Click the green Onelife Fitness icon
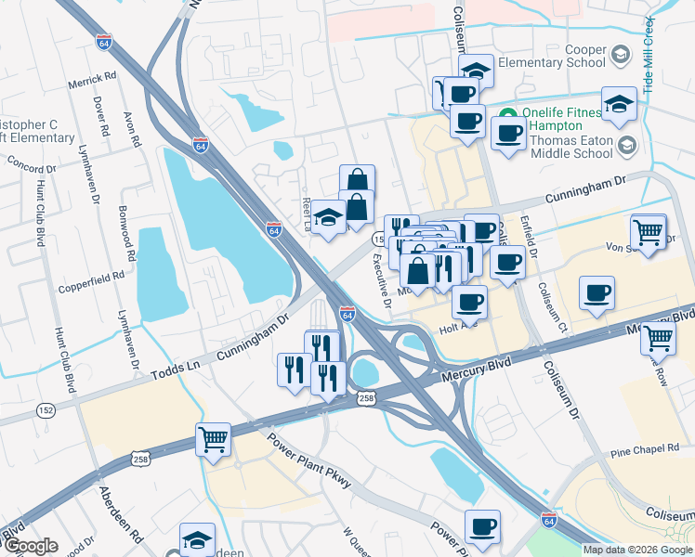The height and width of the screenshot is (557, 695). [x=508, y=115]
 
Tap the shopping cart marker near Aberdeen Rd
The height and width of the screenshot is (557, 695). [x=213, y=439]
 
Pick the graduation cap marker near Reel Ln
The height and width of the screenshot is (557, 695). [x=327, y=216]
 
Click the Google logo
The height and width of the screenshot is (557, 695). [x=31, y=547]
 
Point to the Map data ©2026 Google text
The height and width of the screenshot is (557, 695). [x=637, y=550]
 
